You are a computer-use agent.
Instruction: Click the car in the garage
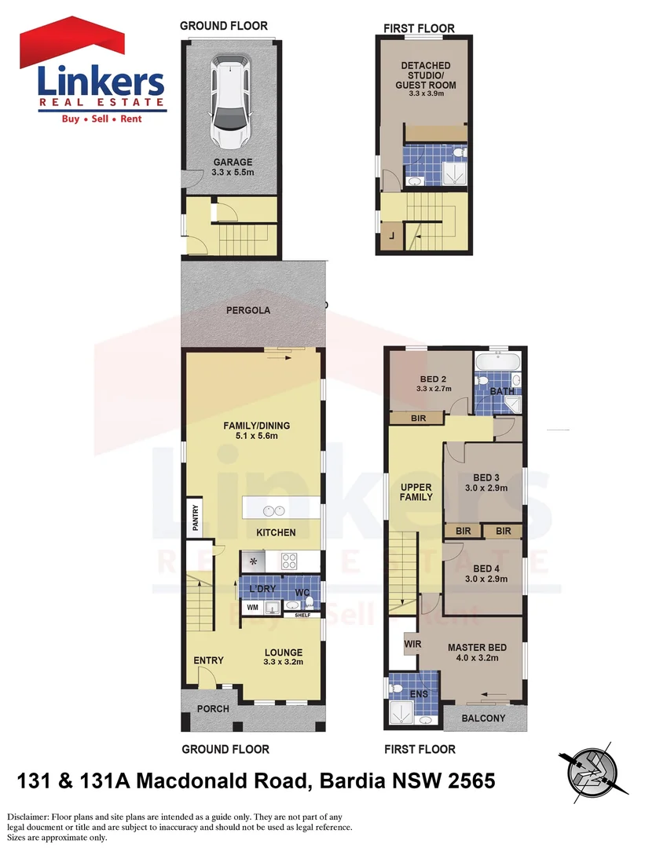click(229, 102)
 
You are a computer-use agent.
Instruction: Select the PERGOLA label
click(247, 310)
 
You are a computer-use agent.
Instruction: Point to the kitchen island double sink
click(273, 511)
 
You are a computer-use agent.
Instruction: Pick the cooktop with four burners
click(288, 561)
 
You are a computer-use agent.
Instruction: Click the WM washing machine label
click(253, 607)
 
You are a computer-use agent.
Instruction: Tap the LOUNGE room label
click(283, 652)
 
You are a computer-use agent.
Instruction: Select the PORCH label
click(213, 709)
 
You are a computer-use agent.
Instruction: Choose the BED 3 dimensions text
click(486, 488)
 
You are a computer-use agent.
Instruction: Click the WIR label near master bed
click(412, 645)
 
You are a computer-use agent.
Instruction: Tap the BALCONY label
click(482, 718)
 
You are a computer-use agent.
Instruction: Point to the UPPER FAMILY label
click(416, 492)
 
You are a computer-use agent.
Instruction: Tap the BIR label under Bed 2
click(418, 419)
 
